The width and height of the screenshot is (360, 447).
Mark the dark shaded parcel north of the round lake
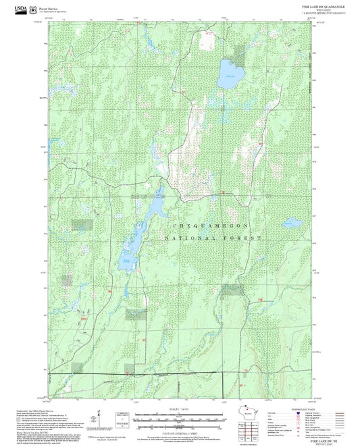[x=240, y=51]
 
